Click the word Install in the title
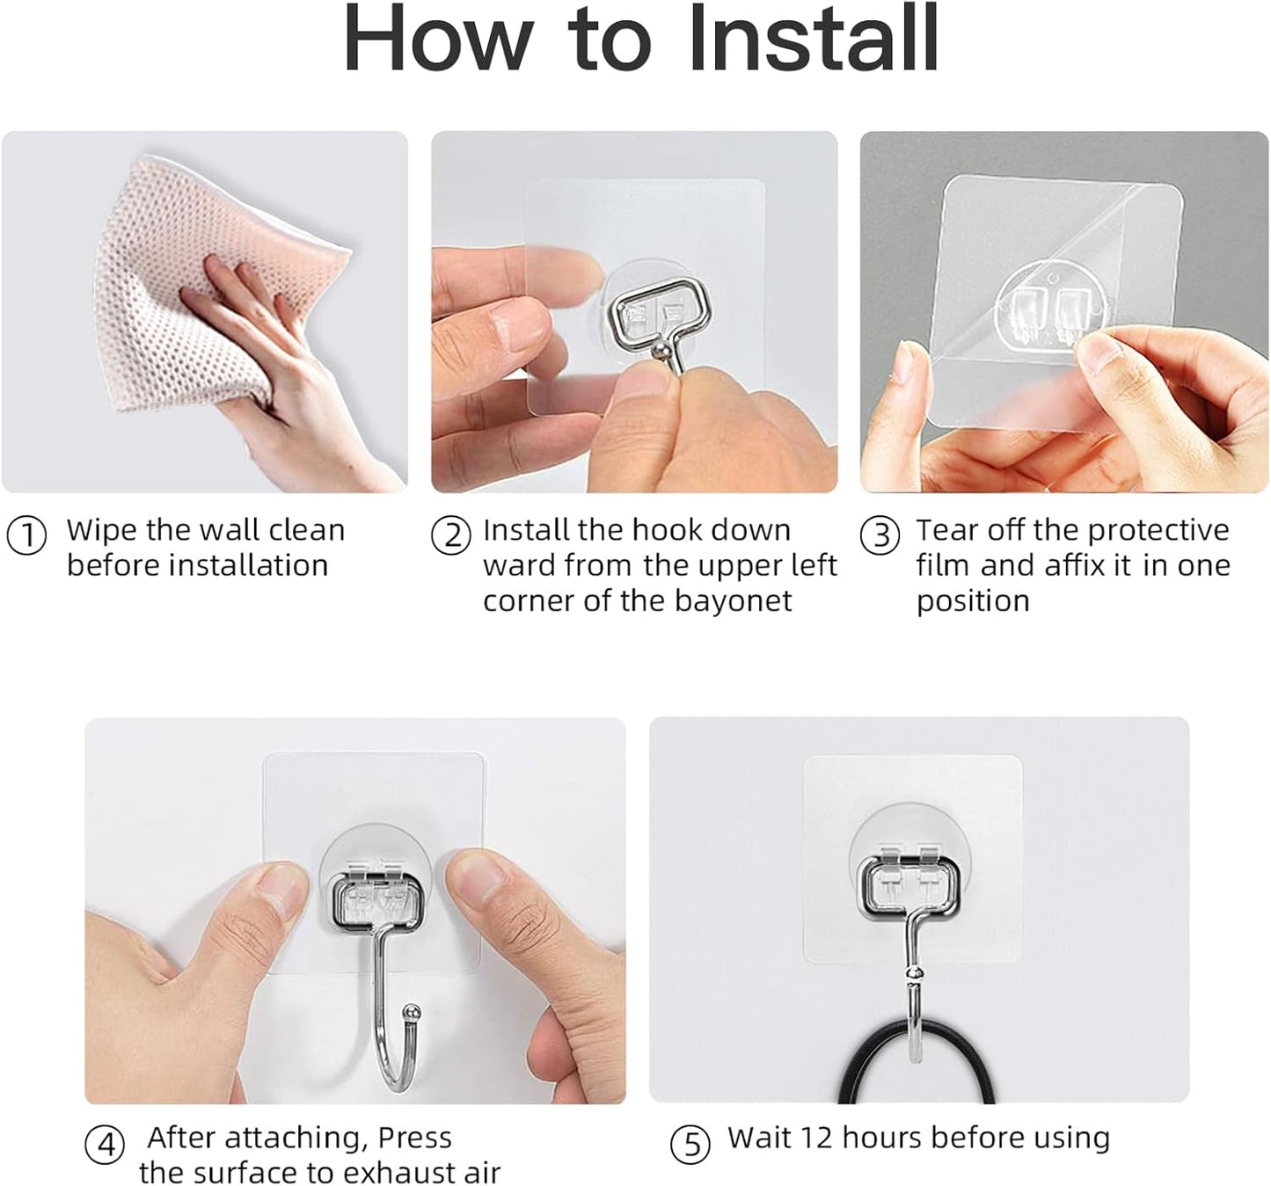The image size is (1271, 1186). pyautogui.click(x=813, y=40)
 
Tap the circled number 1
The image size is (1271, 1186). pyautogui.click(x=26, y=535)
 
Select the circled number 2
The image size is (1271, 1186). pyautogui.click(x=451, y=535)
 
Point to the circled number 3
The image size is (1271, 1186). pyautogui.click(x=880, y=535)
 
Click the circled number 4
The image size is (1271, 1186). pyautogui.click(x=105, y=1146)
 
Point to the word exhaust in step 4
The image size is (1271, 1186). pyautogui.click(x=398, y=1173)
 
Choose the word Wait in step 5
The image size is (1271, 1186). pyautogui.click(x=758, y=1138)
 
